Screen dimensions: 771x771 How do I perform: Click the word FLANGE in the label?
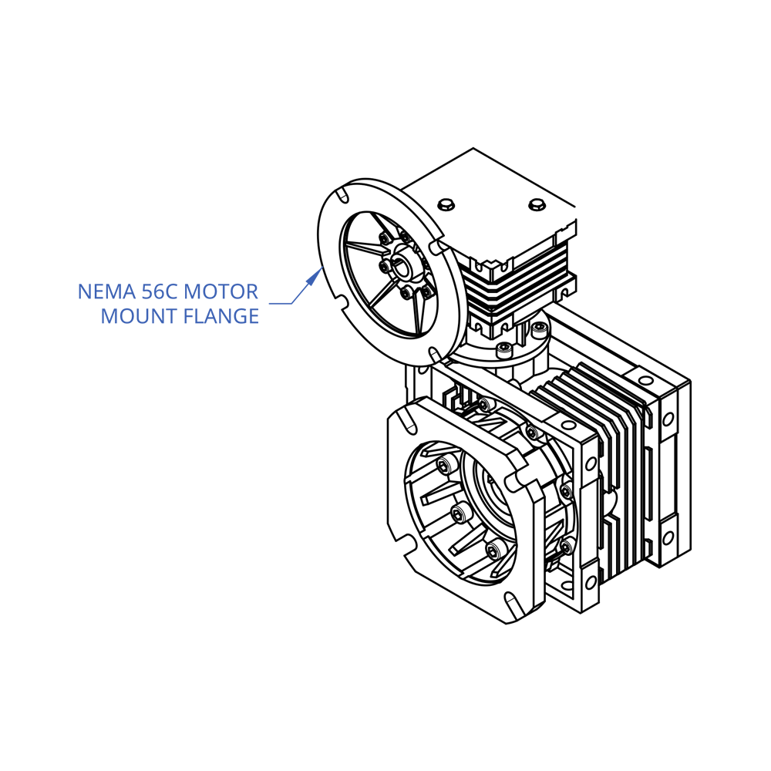pyautogui.click(x=221, y=316)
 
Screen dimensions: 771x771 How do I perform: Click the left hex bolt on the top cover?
pyautogui.click(x=446, y=204)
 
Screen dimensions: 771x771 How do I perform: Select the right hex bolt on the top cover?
pyautogui.click(x=537, y=204)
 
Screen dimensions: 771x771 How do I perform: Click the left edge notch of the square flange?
pyautogui.click(x=402, y=544)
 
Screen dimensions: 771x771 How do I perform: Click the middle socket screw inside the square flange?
pyautogui.click(x=460, y=514)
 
